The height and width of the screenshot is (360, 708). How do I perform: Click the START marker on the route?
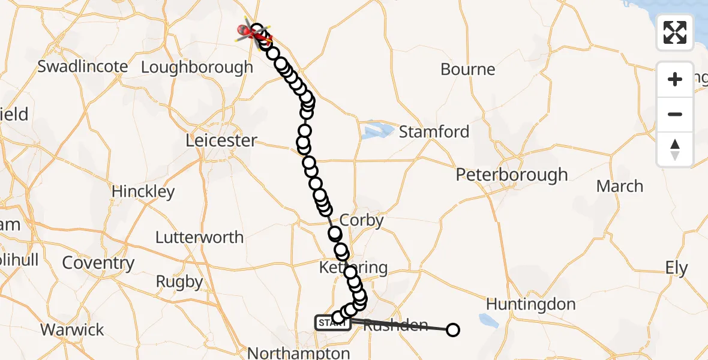click(x=332, y=323)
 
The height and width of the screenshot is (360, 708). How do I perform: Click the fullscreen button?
click(x=675, y=32)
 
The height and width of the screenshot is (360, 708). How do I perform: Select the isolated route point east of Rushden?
click(x=453, y=329)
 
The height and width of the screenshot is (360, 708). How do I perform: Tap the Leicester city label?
click(x=221, y=140)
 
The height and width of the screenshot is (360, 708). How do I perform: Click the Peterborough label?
click(x=512, y=175)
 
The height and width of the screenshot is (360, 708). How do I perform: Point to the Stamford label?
click(x=434, y=131)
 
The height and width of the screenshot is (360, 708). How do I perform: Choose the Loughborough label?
click(x=197, y=67)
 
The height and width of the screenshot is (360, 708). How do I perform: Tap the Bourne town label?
click(x=468, y=69)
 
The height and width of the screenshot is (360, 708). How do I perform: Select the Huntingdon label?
click(x=530, y=304)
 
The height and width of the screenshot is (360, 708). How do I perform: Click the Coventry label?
click(x=98, y=263)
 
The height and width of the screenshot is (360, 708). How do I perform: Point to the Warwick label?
click(x=72, y=329)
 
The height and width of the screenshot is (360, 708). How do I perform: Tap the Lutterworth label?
click(x=199, y=237)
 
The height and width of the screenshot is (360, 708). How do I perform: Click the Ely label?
click(x=676, y=268)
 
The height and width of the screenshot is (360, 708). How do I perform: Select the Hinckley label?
click(x=143, y=192)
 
